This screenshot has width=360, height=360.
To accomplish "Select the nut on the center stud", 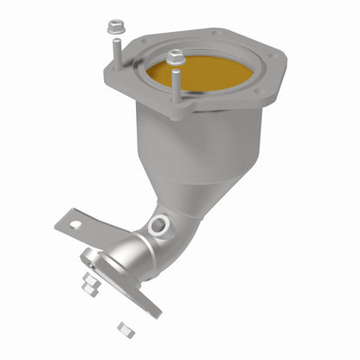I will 176,58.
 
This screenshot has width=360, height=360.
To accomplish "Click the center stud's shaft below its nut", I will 177,87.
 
